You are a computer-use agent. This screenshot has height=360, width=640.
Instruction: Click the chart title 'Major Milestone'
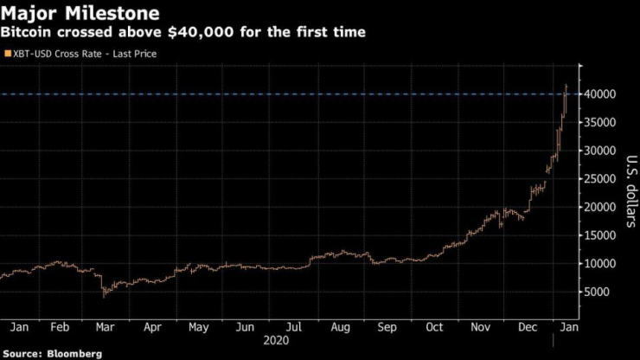(x=80, y=14)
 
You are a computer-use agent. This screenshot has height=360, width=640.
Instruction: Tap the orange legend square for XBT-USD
(x=8, y=54)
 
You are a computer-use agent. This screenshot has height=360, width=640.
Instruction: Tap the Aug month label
(x=339, y=328)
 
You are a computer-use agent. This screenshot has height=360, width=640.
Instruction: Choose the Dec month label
(x=528, y=328)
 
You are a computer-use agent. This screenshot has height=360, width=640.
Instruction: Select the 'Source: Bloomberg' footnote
(x=52, y=354)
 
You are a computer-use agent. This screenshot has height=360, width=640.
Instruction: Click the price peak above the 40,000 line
(x=566, y=86)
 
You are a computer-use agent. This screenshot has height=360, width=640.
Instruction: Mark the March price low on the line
(x=104, y=295)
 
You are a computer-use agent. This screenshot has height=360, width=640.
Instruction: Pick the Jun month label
(x=245, y=328)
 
